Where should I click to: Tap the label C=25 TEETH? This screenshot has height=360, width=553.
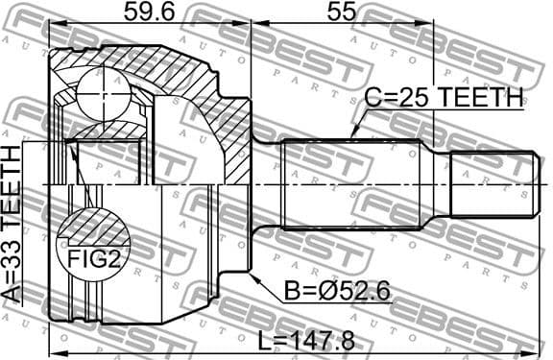click(444, 98)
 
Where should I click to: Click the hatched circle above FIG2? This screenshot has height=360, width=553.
click(92, 230)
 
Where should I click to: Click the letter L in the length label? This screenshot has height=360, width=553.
click(265, 339)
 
